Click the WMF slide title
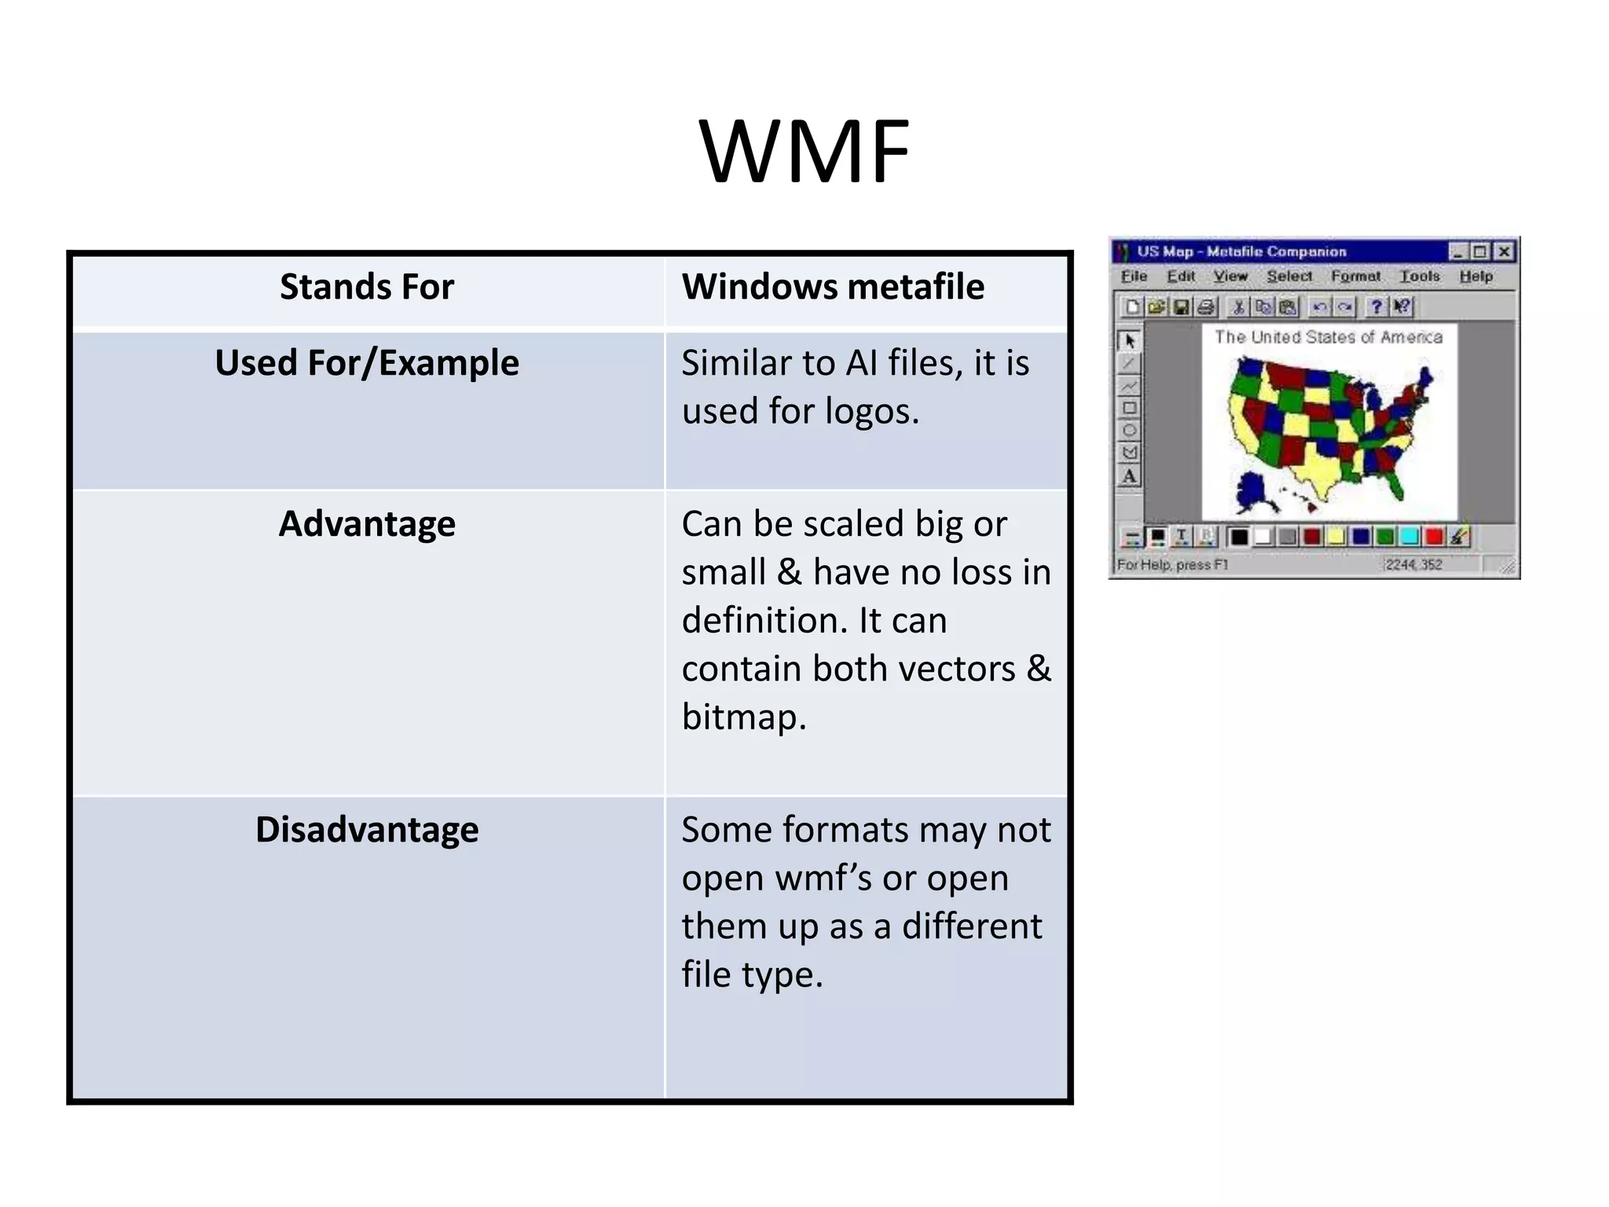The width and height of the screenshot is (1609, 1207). (x=804, y=151)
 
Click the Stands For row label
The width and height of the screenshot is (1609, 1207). (x=367, y=287)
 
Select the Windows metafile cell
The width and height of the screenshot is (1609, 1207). (x=832, y=287)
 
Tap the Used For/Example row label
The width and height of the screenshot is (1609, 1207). (x=367, y=363)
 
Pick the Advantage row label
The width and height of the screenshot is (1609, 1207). (x=367, y=524)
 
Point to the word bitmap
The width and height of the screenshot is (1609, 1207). (x=742, y=717)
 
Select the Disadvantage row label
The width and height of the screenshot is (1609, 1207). (x=367, y=830)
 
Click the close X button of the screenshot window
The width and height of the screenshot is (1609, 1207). (x=1504, y=251)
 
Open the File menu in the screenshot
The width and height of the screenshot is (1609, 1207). (x=1134, y=276)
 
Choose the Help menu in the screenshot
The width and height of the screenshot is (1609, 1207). (x=1475, y=276)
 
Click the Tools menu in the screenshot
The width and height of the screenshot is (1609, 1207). (x=1420, y=276)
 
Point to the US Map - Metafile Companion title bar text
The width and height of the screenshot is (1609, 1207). (x=1241, y=251)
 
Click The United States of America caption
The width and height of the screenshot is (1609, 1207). (x=1328, y=337)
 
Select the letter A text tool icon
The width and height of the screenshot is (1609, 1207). (x=1129, y=476)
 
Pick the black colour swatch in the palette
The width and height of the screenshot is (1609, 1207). (x=1239, y=537)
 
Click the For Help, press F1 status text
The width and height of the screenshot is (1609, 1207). (x=1171, y=564)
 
